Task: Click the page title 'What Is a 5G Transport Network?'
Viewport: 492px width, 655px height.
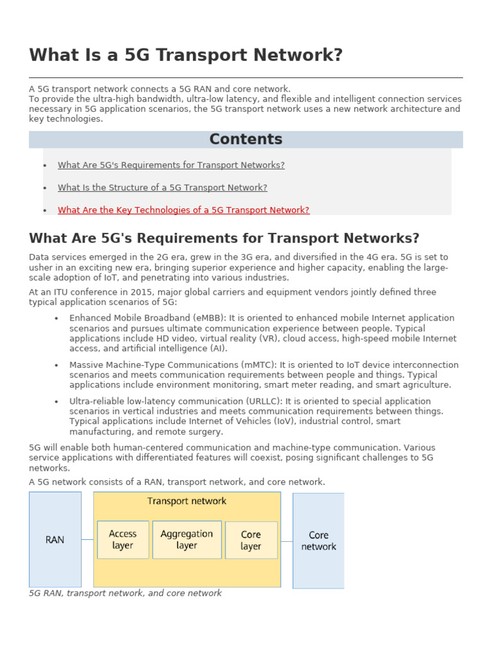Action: tap(186, 56)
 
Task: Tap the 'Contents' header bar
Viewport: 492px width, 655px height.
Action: tap(245, 139)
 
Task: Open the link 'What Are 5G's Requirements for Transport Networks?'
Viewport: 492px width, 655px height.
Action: tap(171, 165)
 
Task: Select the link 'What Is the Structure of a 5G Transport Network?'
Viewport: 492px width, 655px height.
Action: tap(162, 187)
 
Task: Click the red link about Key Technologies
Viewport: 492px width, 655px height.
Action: tap(183, 210)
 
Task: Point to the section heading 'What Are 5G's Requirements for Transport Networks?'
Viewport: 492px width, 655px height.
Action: tap(224, 239)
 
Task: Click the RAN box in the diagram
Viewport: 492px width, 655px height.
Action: tap(55, 539)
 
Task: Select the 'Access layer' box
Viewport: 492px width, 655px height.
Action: tap(122, 539)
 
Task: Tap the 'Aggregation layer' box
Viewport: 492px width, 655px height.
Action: tap(186, 539)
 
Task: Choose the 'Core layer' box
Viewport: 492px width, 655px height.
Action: tap(251, 540)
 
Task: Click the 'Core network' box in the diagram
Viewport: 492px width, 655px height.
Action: tap(318, 541)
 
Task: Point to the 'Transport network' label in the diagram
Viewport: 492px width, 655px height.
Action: tap(186, 501)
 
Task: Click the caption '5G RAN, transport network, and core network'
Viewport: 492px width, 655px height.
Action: tap(126, 593)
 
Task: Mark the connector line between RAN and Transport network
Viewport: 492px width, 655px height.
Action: tap(87, 539)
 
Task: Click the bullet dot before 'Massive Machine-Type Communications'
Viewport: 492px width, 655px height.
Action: tap(57, 365)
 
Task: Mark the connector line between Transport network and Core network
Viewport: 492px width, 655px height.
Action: tap(286, 540)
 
